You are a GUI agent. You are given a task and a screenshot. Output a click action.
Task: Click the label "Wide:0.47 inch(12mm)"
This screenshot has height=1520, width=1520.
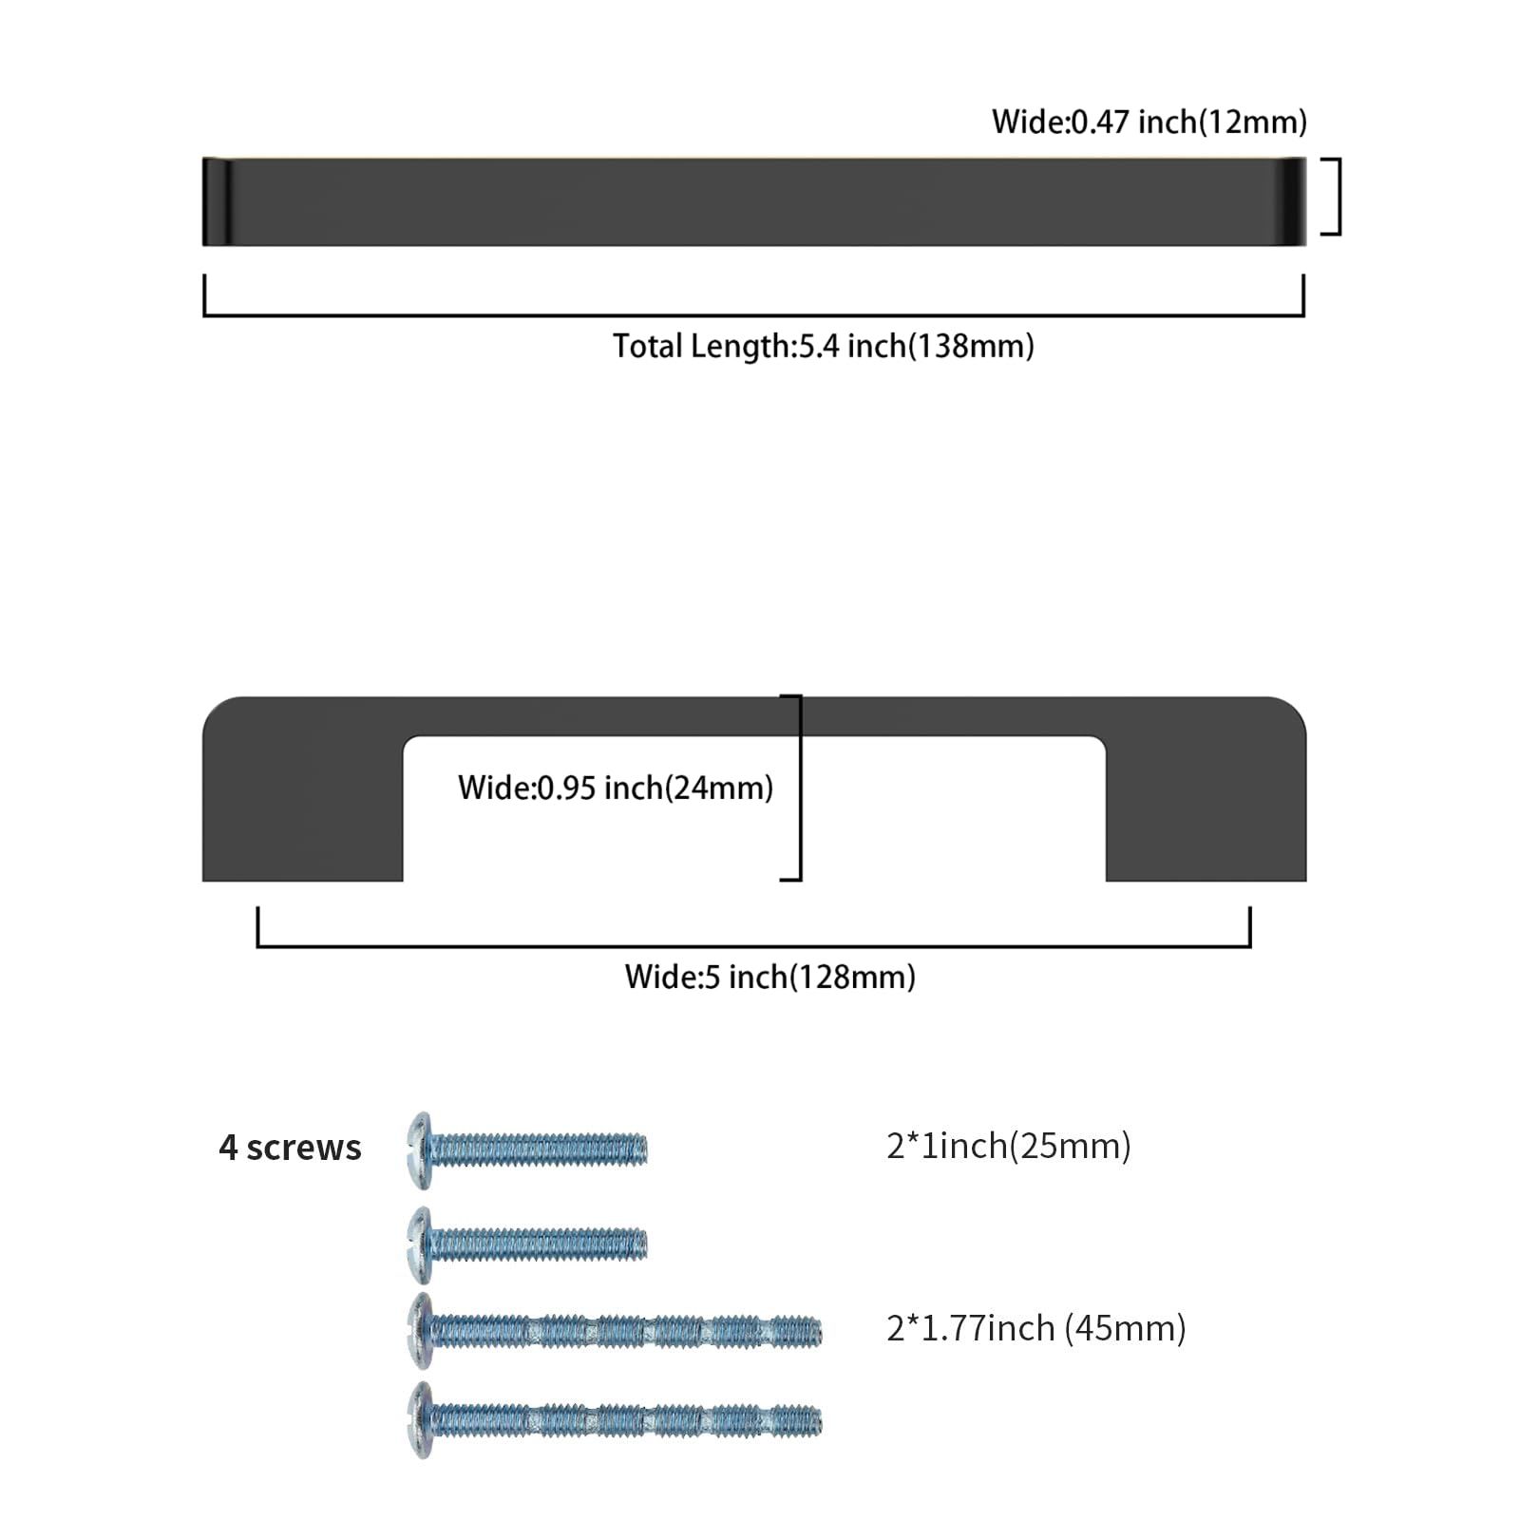pos(1149,122)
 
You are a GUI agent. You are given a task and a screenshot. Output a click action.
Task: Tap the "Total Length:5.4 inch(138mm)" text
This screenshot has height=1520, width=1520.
pos(823,346)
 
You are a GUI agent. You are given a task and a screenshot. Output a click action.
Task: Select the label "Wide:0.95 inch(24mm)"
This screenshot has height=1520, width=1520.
pos(616,788)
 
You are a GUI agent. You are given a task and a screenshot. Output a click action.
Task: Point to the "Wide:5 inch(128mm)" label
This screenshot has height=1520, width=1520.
pos(769,977)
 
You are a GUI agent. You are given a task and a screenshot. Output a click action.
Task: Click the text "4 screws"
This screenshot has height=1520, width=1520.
pos(290,1148)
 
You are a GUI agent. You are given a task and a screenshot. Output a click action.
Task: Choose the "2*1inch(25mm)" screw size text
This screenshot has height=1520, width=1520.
pos(1009,1146)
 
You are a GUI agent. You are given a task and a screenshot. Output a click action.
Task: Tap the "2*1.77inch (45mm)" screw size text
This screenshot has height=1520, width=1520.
pos(1036,1328)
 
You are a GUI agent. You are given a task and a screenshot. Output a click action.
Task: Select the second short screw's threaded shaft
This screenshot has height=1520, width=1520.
pos(540,1244)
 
